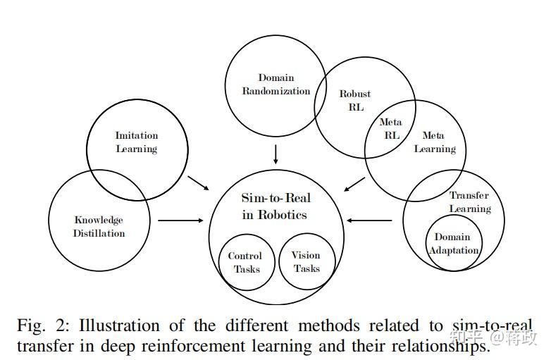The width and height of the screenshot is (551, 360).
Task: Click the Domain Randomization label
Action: coord(275,84)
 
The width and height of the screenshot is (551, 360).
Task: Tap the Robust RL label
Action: coord(355,100)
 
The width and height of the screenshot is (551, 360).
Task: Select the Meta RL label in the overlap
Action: coord(390,128)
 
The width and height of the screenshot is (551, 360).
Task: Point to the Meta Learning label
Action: coord(434,142)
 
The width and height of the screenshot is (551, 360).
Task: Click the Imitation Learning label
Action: coord(137,142)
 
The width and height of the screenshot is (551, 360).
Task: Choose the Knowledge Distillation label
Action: coord(99,226)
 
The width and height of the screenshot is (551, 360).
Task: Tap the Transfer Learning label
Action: coord(469,201)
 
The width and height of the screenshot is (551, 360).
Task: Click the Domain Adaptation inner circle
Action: coord(452,243)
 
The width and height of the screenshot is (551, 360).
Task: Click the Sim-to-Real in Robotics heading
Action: coord(275,206)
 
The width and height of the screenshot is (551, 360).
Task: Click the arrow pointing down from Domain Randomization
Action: coord(275,154)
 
